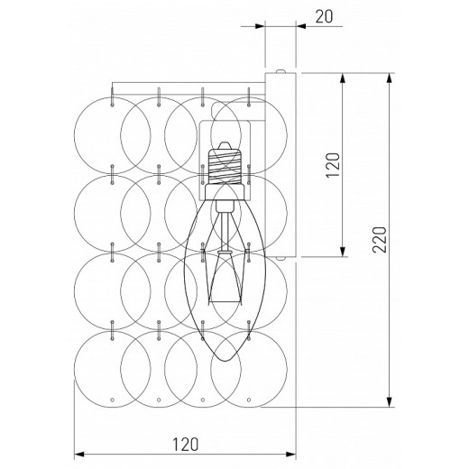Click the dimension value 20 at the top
pyautogui.click(x=324, y=17)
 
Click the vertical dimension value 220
pyautogui.click(x=379, y=240)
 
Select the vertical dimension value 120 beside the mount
pyautogui.click(x=333, y=165)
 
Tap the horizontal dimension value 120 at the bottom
pyautogui.click(x=185, y=445)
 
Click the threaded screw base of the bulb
pyautogui.click(x=225, y=166)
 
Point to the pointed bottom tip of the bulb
pyautogui.click(x=225, y=361)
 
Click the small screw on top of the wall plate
pyautogui.click(x=280, y=71)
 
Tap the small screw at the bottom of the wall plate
pyautogui.click(x=280, y=258)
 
